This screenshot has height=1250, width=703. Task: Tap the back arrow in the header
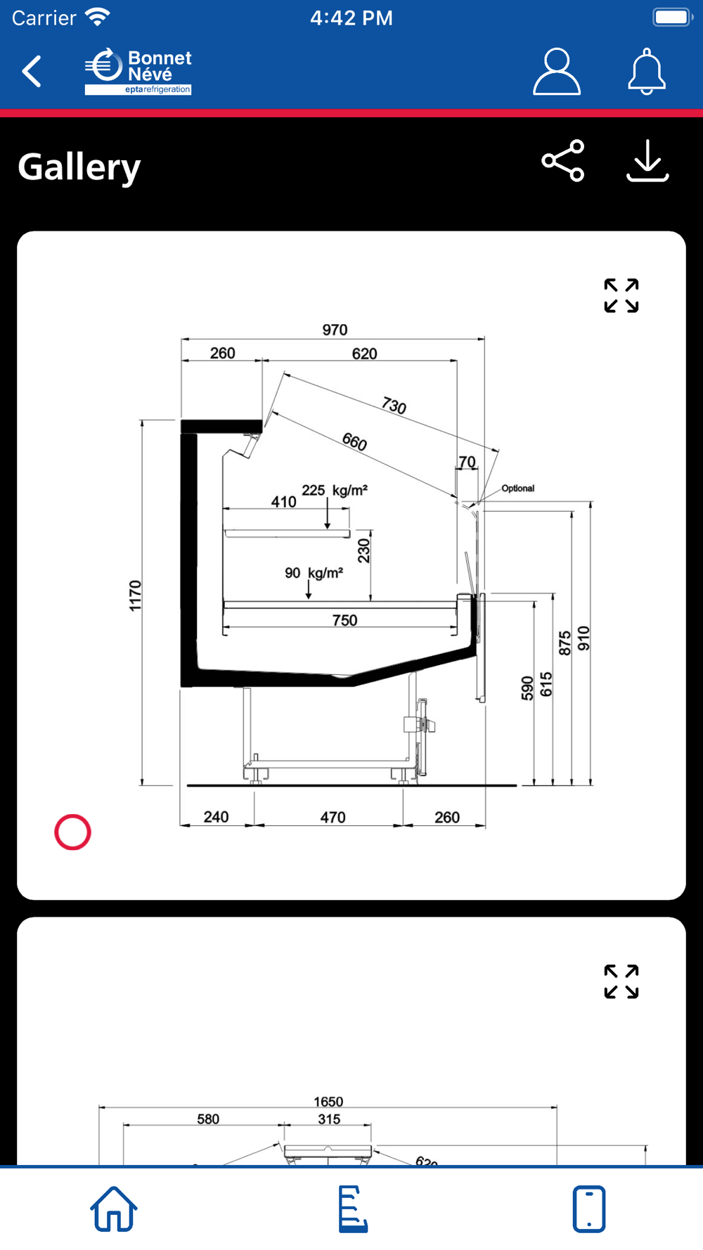click(32, 71)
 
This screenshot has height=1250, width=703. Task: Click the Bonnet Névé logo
click(138, 71)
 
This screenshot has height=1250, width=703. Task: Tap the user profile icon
click(556, 71)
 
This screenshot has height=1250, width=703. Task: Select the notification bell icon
click(646, 71)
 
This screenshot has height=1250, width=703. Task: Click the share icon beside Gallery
click(563, 160)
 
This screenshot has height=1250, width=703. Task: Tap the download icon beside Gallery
click(647, 160)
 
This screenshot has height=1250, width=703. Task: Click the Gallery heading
click(79, 167)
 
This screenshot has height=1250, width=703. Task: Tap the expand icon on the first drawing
click(621, 295)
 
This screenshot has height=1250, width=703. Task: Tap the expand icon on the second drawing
click(621, 981)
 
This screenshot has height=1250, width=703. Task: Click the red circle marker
click(73, 832)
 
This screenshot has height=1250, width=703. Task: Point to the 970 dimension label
click(335, 330)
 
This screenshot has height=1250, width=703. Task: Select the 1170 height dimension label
click(135, 595)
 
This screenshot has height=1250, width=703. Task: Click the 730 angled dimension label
click(394, 405)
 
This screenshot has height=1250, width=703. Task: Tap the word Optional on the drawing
click(517, 488)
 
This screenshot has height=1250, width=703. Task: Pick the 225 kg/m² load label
click(335, 490)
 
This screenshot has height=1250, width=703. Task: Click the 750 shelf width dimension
click(344, 620)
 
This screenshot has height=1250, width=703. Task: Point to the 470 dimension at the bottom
click(333, 817)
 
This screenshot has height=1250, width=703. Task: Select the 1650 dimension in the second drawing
click(328, 1101)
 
